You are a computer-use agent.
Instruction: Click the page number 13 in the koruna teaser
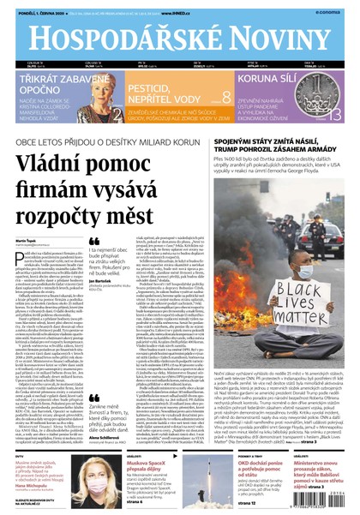pos(339,117)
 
